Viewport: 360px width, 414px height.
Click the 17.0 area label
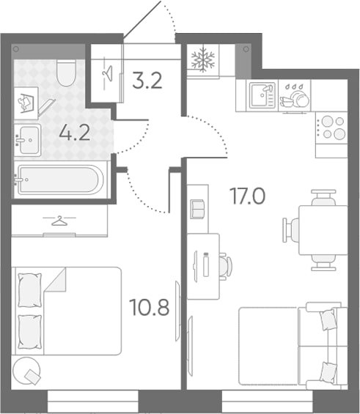tap(248, 196)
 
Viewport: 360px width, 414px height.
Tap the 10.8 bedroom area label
tap(150, 308)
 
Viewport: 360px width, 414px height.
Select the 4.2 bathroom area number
tap(75, 133)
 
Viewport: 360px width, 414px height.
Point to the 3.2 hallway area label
tap(147, 81)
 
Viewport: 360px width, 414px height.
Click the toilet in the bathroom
tap(66, 73)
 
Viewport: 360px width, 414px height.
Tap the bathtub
tap(60, 180)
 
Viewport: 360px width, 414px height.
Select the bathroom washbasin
tap(27, 140)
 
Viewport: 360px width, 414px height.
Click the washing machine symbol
tap(26, 103)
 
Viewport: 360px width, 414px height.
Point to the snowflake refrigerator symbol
tap(203, 59)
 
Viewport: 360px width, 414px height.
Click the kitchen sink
tap(262, 95)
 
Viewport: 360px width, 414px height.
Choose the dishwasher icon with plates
tap(295, 95)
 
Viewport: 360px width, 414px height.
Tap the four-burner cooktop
tap(331, 127)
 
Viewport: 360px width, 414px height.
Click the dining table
tap(323, 230)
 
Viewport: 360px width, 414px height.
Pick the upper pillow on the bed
tap(29, 290)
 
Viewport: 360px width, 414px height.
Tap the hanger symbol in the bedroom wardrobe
tap(59, 221)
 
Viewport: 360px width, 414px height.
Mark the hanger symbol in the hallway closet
tap(108, 73)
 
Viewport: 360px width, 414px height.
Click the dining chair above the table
tap(323, 197)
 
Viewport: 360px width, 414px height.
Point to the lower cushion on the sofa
tap(328, 372)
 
